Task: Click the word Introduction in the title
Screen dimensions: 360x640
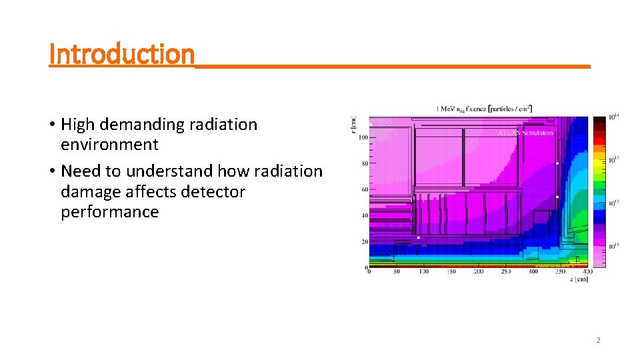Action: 121,53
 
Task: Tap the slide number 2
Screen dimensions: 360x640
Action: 597,340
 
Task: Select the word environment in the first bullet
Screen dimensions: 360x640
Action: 109,145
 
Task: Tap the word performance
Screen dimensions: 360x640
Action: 109,212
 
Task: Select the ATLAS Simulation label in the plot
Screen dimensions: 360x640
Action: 525,133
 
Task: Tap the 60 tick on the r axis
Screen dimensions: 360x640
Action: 363,189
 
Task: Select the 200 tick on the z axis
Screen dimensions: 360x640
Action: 478,272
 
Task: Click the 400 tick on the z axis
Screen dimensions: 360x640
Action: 587,272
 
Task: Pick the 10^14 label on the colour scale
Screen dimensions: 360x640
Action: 615,117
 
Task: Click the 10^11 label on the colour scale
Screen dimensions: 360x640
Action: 615,247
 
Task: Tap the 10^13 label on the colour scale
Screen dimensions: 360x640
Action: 615,159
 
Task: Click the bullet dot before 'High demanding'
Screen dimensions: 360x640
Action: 52,125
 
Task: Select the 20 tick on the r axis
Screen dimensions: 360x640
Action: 363,241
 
